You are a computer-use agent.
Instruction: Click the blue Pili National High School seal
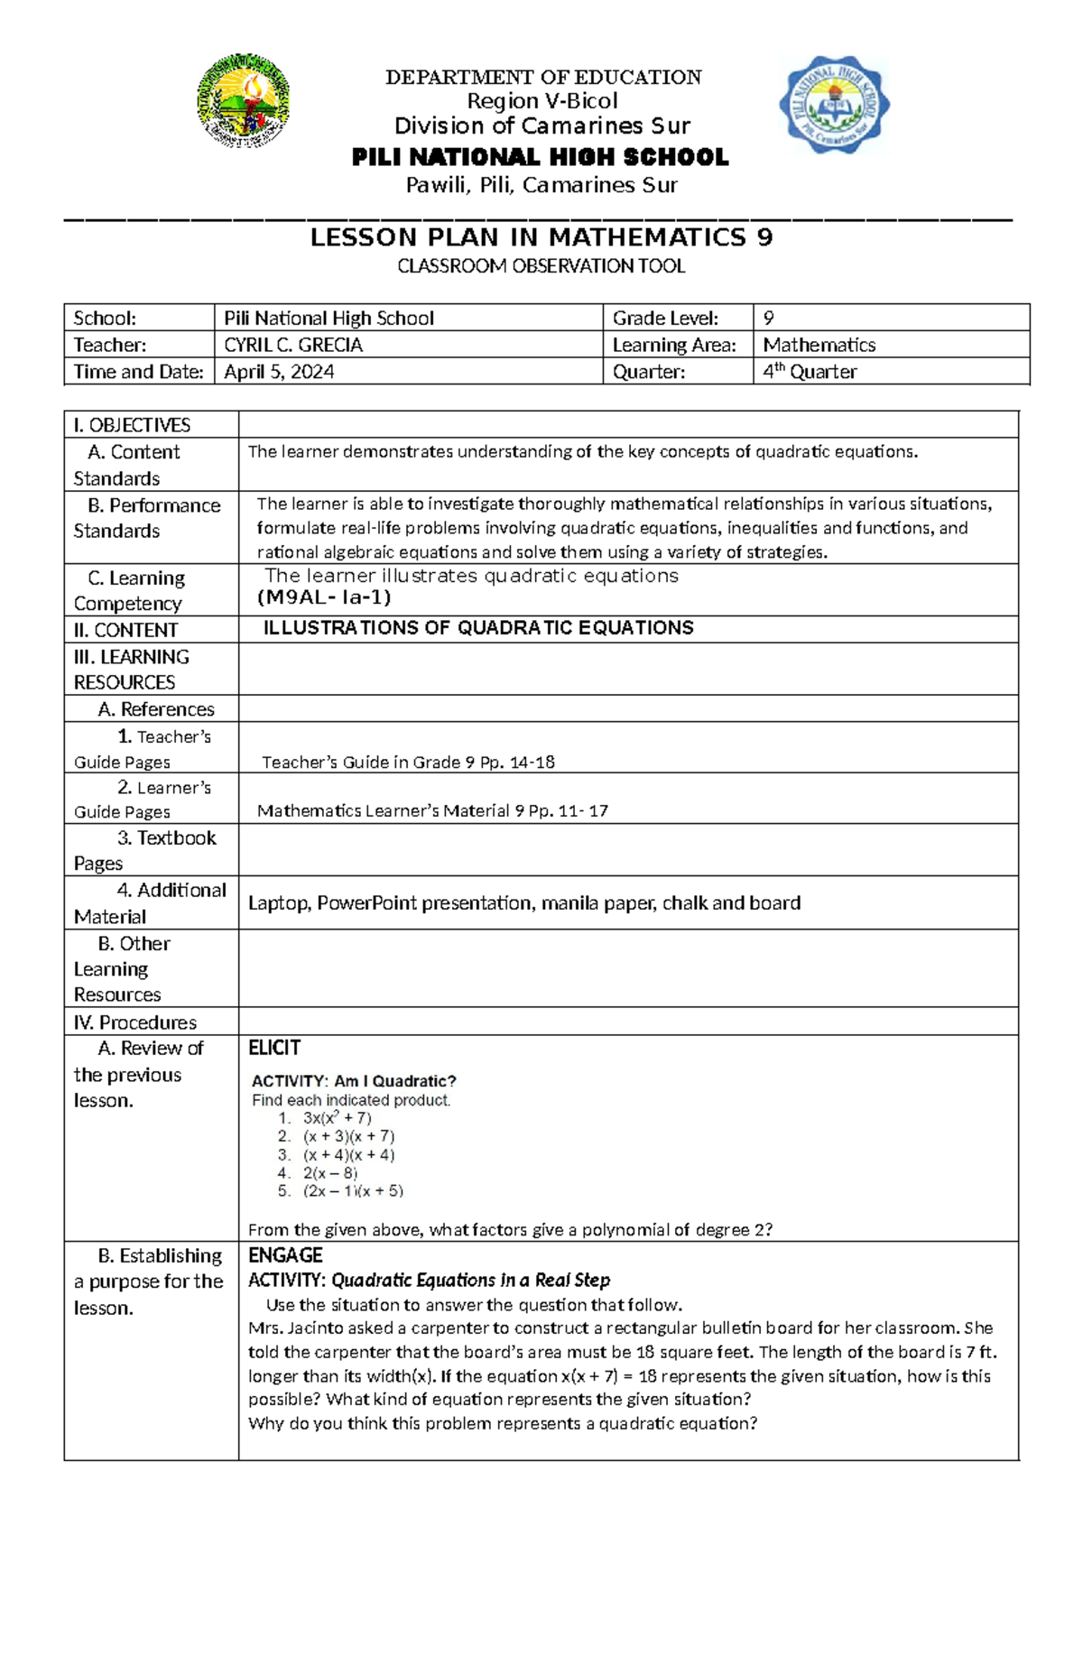pos(834,104)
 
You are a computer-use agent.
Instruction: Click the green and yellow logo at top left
pos(243,100)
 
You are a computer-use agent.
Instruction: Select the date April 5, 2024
pos(279,372)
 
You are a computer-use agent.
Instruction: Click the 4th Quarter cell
pos(810,372)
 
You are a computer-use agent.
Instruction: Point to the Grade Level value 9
pos(768,318)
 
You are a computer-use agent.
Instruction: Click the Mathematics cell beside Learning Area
pos(819,345)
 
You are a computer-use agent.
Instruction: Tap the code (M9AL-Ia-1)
pos(324,597)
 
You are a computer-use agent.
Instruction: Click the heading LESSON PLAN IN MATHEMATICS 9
pos(541,237)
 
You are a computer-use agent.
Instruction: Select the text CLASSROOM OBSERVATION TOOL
pos(541,266)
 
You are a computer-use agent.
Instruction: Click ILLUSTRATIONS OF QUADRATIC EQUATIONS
pos(478,628)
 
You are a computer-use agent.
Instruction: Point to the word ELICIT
pos(274,1048)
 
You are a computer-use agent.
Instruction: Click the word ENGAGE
pos(285,1255)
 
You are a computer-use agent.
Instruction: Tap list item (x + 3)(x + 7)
pos(348,1136)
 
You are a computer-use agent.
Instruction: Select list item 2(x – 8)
pos(329,1173)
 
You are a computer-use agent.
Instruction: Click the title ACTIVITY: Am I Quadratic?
pos(354,1081)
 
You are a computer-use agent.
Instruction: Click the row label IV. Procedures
pos(135,1022)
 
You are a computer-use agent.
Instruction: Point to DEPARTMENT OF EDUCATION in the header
pos(543,78)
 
